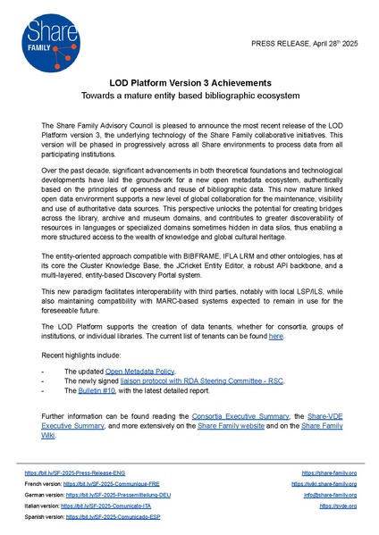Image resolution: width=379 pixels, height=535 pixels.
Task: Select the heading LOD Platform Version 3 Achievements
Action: [x=189, y=80]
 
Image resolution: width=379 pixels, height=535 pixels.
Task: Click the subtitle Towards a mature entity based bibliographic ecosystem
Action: [x=189, y=95]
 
